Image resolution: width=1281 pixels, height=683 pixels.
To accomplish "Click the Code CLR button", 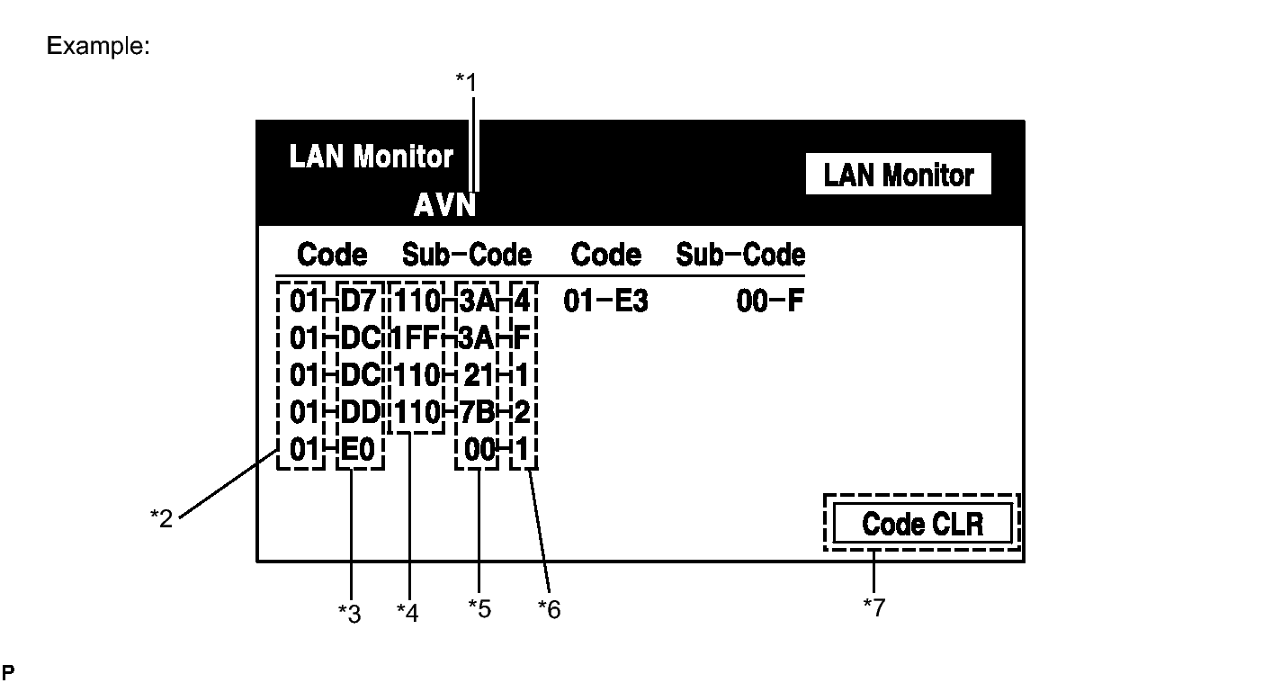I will [x=922, y=523].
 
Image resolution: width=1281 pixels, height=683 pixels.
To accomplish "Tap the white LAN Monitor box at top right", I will [x=899, y=175].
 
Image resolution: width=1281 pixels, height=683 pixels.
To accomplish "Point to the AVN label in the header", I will [x=444, y=206].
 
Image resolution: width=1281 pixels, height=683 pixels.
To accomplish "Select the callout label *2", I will [x=161, y=518].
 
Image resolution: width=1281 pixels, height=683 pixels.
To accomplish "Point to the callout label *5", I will [x=479, y=608].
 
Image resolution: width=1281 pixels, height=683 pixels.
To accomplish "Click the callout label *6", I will [x=549, y=609].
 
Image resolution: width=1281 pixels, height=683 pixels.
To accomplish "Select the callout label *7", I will [x=873, y=608].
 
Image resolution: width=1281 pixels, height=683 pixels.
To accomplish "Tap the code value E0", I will [x=360, y=449].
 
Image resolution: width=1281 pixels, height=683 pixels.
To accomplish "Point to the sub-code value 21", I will [x=479, y=375].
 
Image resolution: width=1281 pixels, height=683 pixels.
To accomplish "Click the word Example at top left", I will [x=97, y=45].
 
